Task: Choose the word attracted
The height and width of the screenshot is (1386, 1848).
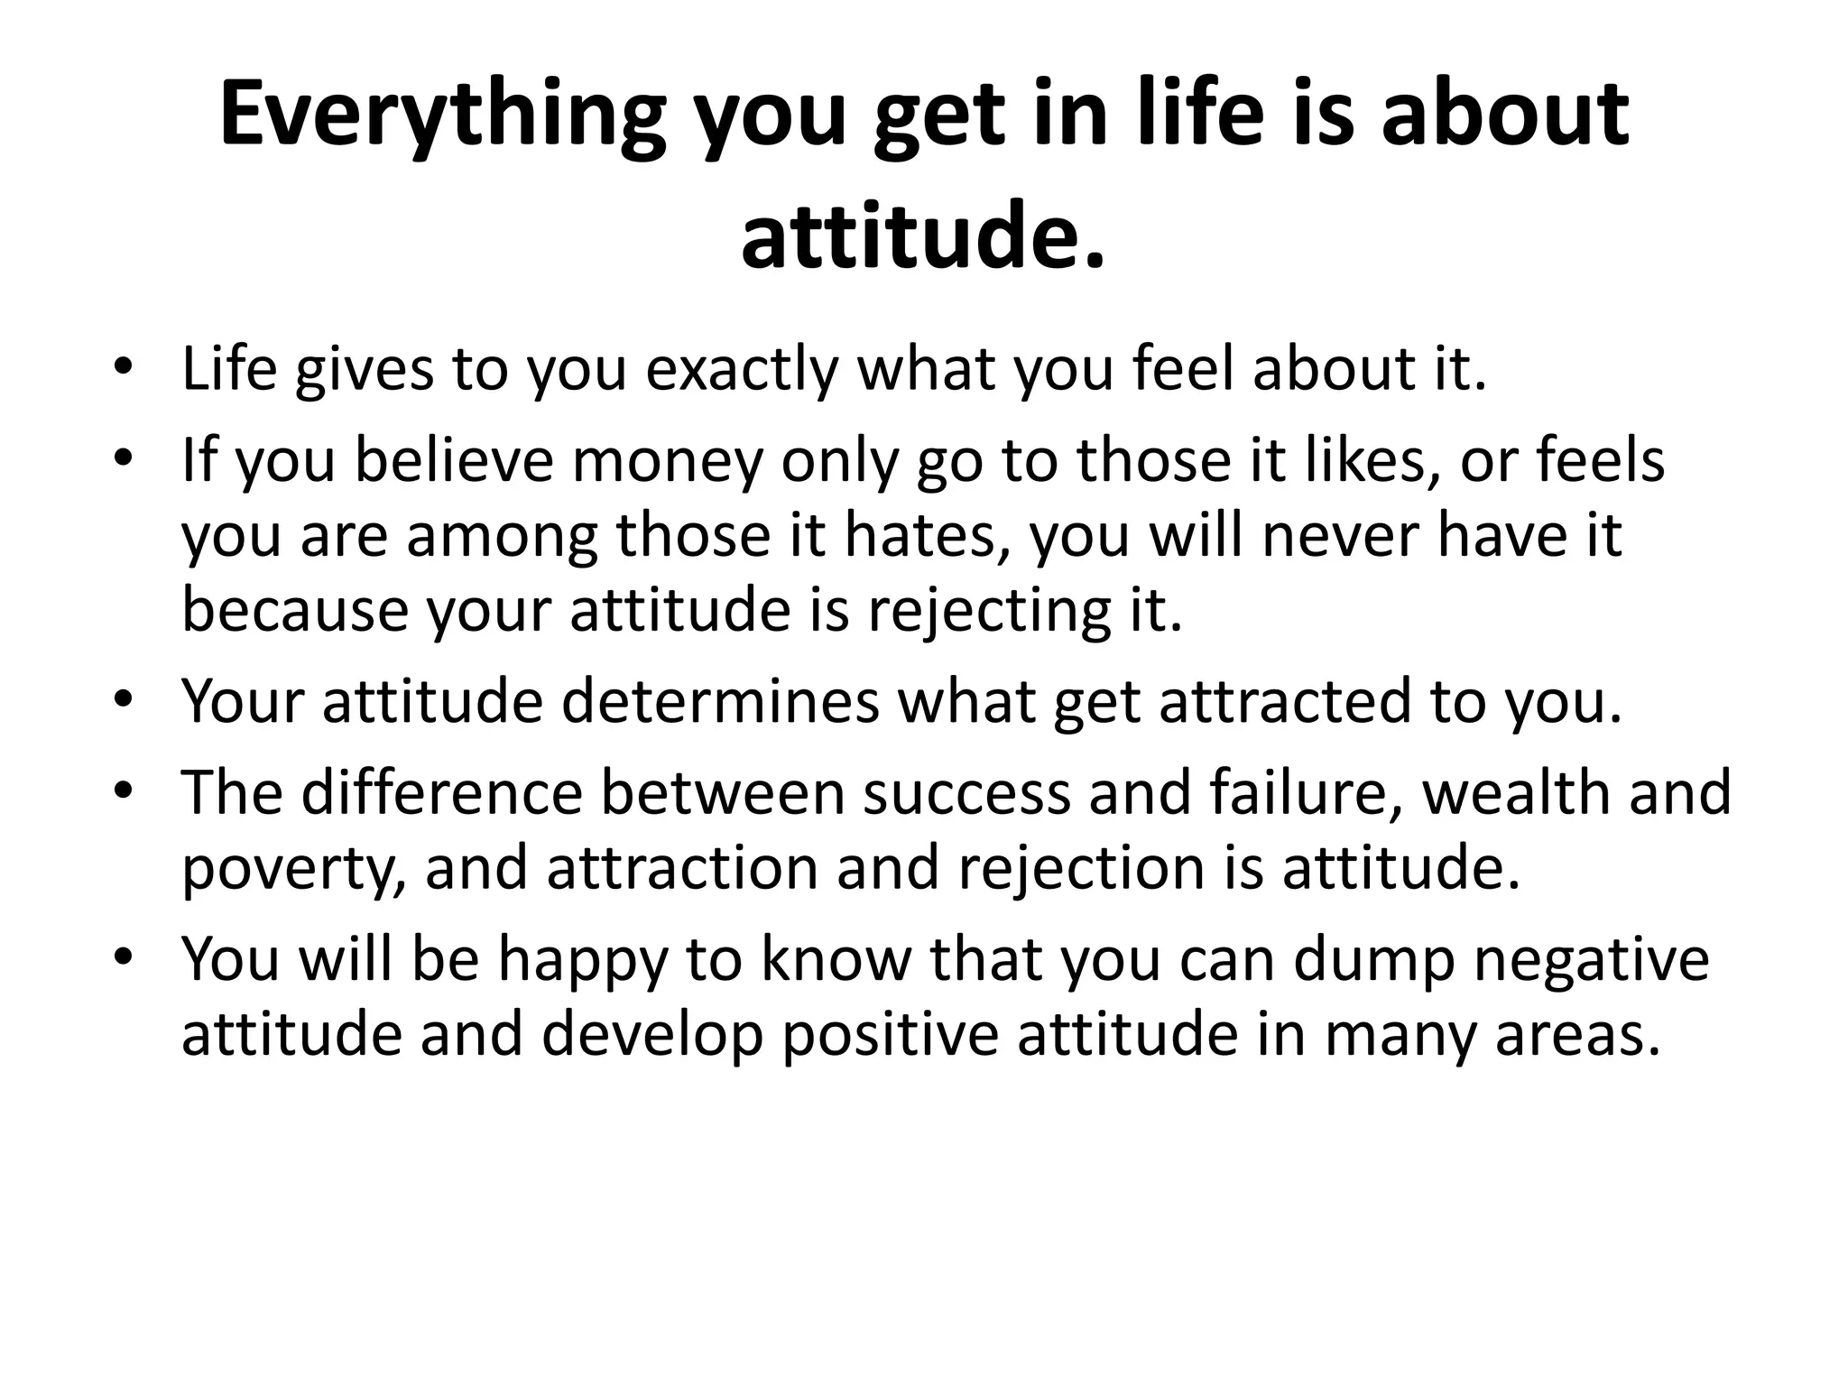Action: coord(1285,701)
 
